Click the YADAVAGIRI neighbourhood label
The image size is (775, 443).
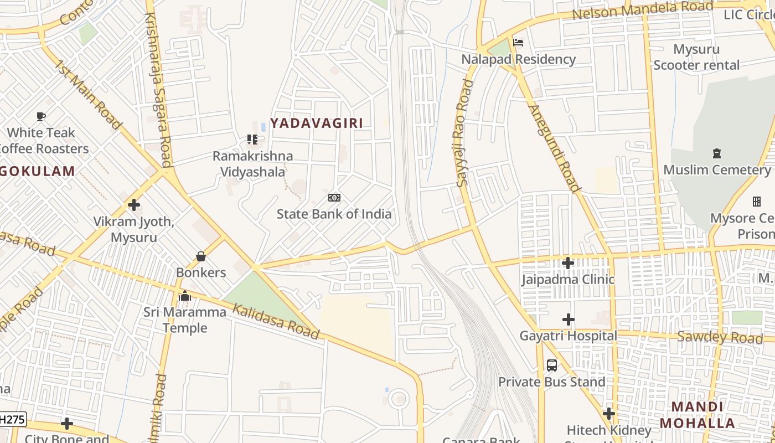coord(317,123)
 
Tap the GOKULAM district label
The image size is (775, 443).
coord(38,171)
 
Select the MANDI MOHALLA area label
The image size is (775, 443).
coord(697,415)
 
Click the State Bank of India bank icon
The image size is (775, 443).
coord(334,198)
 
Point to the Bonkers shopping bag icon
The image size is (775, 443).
coord(201,256)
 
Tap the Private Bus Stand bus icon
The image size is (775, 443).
coord(552,365)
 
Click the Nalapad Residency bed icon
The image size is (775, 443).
coord(518,43)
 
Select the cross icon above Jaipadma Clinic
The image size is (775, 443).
coord(568,263)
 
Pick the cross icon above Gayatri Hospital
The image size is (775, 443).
coord(568,320)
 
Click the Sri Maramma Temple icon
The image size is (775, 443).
coord(185,296)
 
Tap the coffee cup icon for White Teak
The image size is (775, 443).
coord(41,116)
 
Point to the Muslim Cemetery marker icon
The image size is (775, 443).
coord(717,153)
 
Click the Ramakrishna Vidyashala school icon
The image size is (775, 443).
coord(252,140)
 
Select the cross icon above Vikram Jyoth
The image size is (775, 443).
coord(133,205)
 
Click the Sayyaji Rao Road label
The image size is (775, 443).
coord(465,133)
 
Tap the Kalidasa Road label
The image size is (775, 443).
coord(276,321)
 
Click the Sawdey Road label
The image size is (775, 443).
coord(720,337)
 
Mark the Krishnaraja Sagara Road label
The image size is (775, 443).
coord(157,89)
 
